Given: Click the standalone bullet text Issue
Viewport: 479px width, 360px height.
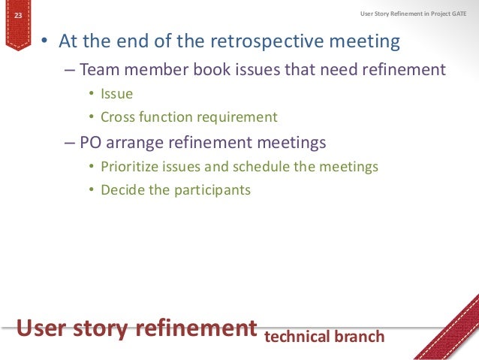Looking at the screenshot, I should tap(116, 94).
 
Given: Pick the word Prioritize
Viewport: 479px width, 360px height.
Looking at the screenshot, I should tap(133, 166).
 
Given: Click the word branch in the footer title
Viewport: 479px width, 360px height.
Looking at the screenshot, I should tap(358, 336).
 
